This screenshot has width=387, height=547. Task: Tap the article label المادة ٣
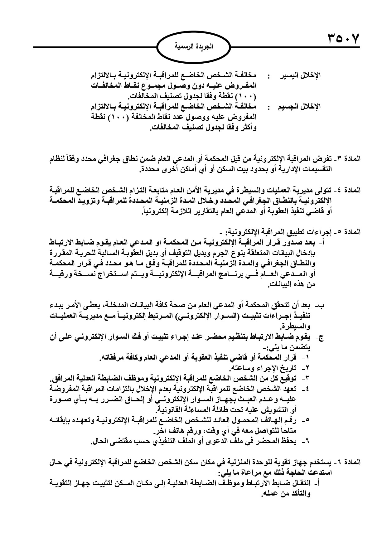coord(349,159)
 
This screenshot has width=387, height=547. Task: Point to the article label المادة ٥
coord(349,232)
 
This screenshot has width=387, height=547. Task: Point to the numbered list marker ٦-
coord(309,442)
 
